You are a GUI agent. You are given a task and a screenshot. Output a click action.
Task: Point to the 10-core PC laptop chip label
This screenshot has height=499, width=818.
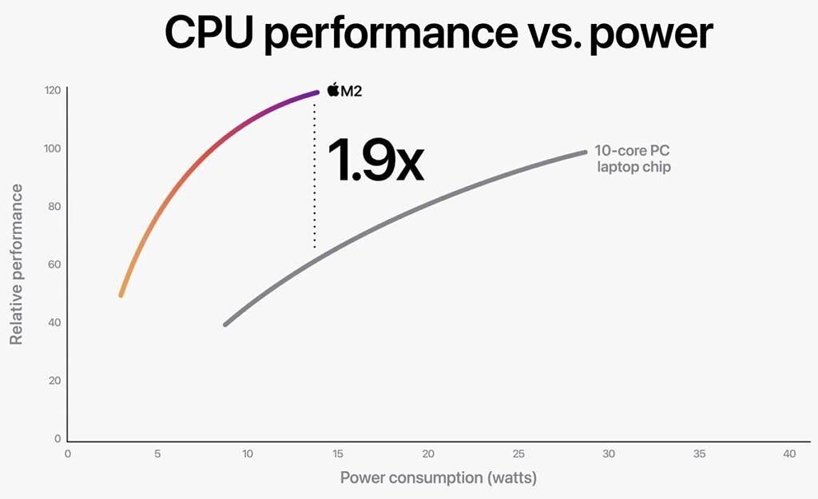tap(632, 158)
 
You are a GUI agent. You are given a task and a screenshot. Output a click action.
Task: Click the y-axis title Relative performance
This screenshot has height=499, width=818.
tap(15, 264)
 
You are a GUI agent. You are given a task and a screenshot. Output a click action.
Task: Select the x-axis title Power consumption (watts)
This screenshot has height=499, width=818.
tap(439, 477)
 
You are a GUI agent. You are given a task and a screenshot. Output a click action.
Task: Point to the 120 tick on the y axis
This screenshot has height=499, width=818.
tap(52, 90)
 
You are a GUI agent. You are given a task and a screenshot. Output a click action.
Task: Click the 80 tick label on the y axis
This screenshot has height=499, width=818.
tap(54, 207)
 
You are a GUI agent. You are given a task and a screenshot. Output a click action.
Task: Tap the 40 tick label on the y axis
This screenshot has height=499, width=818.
tap(54, 323)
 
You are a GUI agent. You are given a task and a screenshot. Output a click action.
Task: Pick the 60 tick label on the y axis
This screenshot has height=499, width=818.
tap(54, 264)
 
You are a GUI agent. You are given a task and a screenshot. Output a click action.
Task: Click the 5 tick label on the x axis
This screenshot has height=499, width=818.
tap(157, 454)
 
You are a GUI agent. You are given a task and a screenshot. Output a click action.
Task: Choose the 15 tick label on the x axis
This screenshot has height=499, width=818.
tap(338, 454)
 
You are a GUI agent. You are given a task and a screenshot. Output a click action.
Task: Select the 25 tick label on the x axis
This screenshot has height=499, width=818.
tap(518, 454)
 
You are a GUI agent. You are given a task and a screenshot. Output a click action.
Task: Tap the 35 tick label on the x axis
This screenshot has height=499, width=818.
tap(699, 454)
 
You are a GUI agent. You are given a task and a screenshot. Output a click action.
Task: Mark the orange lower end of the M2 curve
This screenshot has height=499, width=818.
tap(121, 294)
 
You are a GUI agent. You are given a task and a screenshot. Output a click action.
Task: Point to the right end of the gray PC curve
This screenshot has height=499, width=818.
tap(584, 152)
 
